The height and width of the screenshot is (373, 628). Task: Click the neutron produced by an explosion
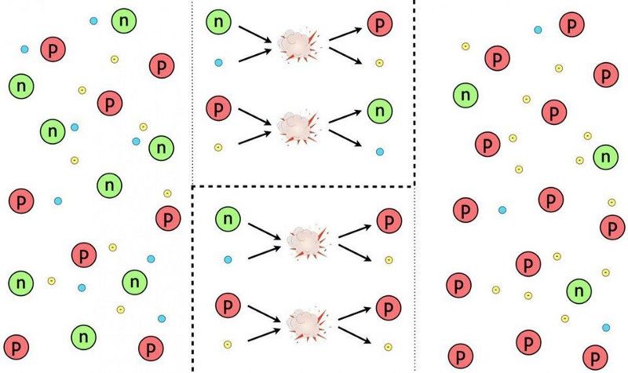click(380, 111)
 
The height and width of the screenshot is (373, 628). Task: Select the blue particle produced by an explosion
click(380, 152)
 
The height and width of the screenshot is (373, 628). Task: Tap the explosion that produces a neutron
click(298, 127)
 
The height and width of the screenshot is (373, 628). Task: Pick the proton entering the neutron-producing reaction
click(219, 108)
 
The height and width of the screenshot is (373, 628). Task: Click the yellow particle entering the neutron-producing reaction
click(218, 148)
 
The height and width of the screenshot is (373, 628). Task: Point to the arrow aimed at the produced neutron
click(345, 116)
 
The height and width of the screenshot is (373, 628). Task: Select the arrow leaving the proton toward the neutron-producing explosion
click(254, 116)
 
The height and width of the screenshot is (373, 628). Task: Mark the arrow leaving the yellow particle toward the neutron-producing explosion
click(254, 138)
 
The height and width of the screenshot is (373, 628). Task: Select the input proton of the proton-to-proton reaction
click(228, 305)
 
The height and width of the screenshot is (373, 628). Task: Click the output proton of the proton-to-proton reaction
click(389, 308)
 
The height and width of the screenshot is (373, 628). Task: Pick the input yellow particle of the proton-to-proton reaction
click(228, 344)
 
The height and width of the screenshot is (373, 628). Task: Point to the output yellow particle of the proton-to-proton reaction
click(388, 347)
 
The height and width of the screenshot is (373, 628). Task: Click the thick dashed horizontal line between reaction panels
click(302, 186)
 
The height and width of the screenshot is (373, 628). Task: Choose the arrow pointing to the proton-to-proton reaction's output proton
click(355, 313)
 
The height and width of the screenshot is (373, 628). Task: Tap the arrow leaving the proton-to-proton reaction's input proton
click(264, 313)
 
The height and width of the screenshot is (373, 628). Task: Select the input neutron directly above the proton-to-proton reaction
click(228, 219)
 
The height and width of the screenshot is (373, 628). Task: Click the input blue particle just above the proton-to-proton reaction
click(228, 260)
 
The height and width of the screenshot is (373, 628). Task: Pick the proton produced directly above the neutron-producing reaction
click(380, 24)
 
